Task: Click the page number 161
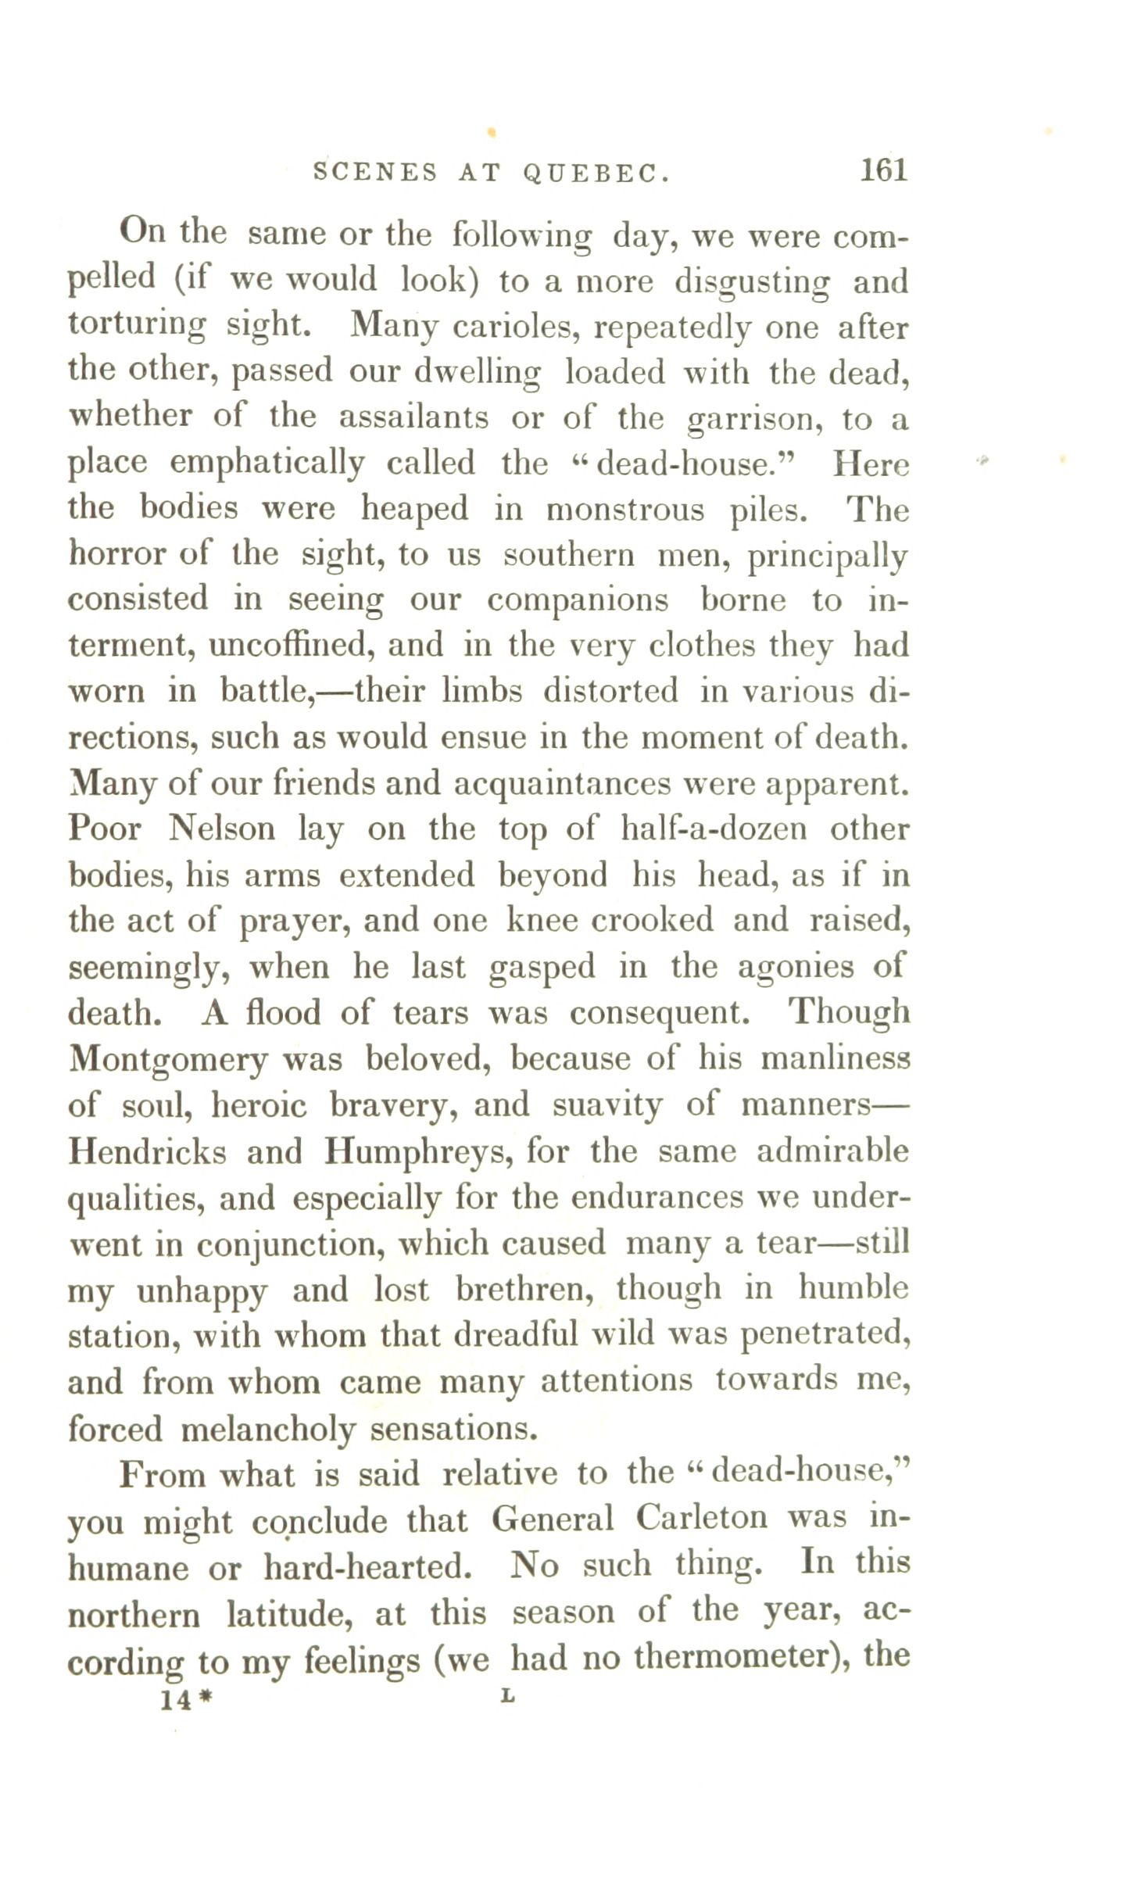click(x=883, y=170)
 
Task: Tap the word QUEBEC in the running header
click(x=596, y=173)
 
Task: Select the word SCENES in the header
click(x=375, y=173)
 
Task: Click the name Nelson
click(x=222, y=829)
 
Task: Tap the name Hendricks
click(x=147, y=1151)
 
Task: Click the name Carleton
click(x=702, y=1518)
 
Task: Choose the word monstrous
click(x=624, y=510)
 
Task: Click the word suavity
click(x=607, y=1105)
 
